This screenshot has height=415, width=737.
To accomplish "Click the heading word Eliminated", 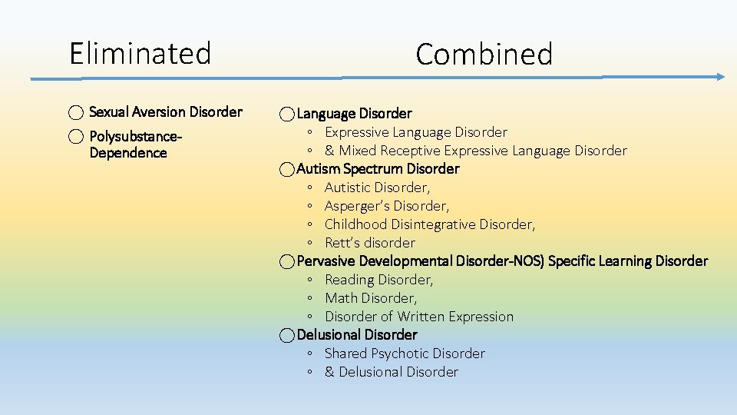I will [140, 54].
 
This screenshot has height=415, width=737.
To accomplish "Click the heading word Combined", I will [484, 55].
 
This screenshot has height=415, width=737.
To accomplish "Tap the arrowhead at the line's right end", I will [719, 77].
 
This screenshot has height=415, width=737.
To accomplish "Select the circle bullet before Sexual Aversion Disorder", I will [76, 113].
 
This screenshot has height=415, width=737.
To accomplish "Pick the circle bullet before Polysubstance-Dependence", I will [76, 138].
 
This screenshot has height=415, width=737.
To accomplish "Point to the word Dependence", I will [127, 153].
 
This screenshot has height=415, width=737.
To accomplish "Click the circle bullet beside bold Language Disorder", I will [286, 115].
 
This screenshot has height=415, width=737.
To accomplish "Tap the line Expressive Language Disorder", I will [415, 132].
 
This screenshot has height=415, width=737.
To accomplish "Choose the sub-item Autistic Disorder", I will [377, 188].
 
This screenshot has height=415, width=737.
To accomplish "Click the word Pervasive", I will [326, 261].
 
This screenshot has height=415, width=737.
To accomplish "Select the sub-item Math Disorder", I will [371, 298].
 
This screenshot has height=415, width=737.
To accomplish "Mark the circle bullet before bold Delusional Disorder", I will [286, 336].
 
